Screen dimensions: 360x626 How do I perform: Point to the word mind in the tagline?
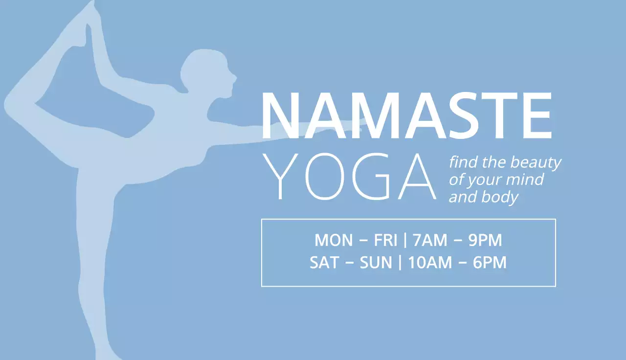[525, 180]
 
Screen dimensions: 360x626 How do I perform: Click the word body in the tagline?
[504, 198]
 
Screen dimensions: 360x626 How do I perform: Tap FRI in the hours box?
[386, 241]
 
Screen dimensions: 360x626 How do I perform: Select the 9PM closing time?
[485, 241]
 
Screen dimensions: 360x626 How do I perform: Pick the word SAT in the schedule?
[324, 263]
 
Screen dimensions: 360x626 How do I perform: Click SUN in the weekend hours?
[376, 263]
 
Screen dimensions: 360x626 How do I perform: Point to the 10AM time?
[430, 263]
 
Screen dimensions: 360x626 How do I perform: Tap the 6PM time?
[490, 263]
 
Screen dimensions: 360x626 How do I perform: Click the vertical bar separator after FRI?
[405, 241]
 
